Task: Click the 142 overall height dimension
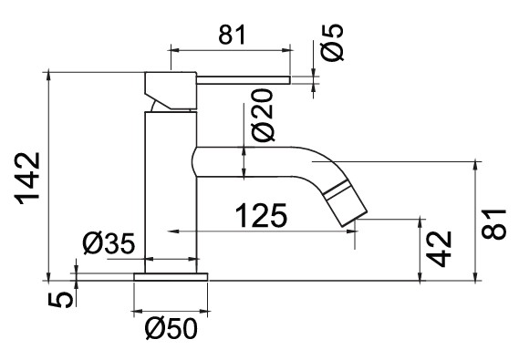click(27, 179)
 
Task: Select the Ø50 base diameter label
click(171, 329)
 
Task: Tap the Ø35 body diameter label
click(109, 243)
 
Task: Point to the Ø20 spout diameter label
click(263, 115)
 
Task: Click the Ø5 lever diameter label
click(332, 42)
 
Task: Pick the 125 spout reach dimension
click(261, 215)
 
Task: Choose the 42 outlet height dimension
click(440, 249)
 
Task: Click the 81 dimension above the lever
click(233, 35)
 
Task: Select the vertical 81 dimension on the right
click(493, 224)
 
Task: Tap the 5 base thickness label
click(60, 300)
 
